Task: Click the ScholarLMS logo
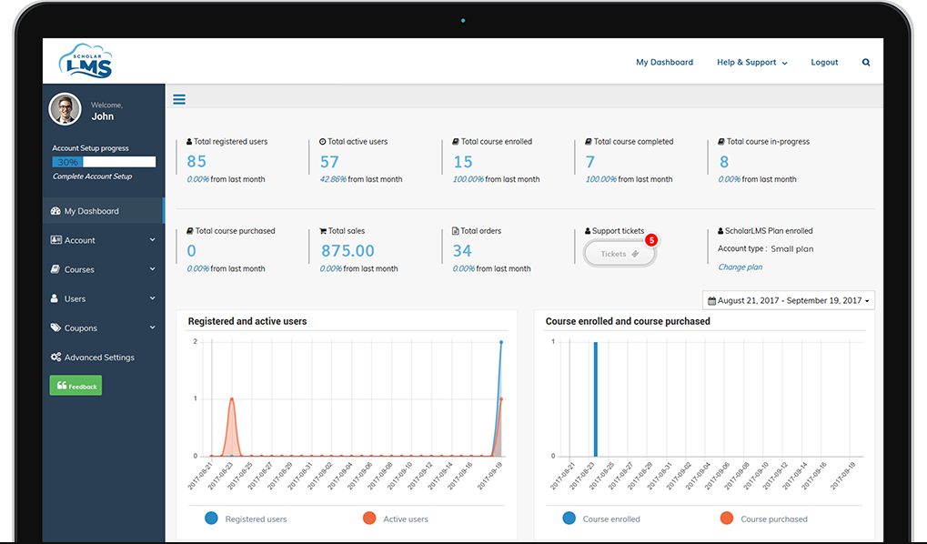[86, 61]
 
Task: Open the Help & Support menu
[751, 63]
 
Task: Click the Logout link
[824, 63]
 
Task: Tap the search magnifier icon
[865, 63]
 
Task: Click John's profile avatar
[65, 109]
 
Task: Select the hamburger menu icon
[179, 99]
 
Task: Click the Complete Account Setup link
[92, 176]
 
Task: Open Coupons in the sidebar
[80, 328]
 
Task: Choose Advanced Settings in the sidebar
[98, 358]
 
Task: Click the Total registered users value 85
[196, 162]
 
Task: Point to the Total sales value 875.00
[348, 251]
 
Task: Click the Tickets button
[620, 254]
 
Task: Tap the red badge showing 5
[650, 240]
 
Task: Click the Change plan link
[740, 267]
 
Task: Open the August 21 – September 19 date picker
[788, 300]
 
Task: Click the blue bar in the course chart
[595, 398]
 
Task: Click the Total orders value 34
[462, 251]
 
